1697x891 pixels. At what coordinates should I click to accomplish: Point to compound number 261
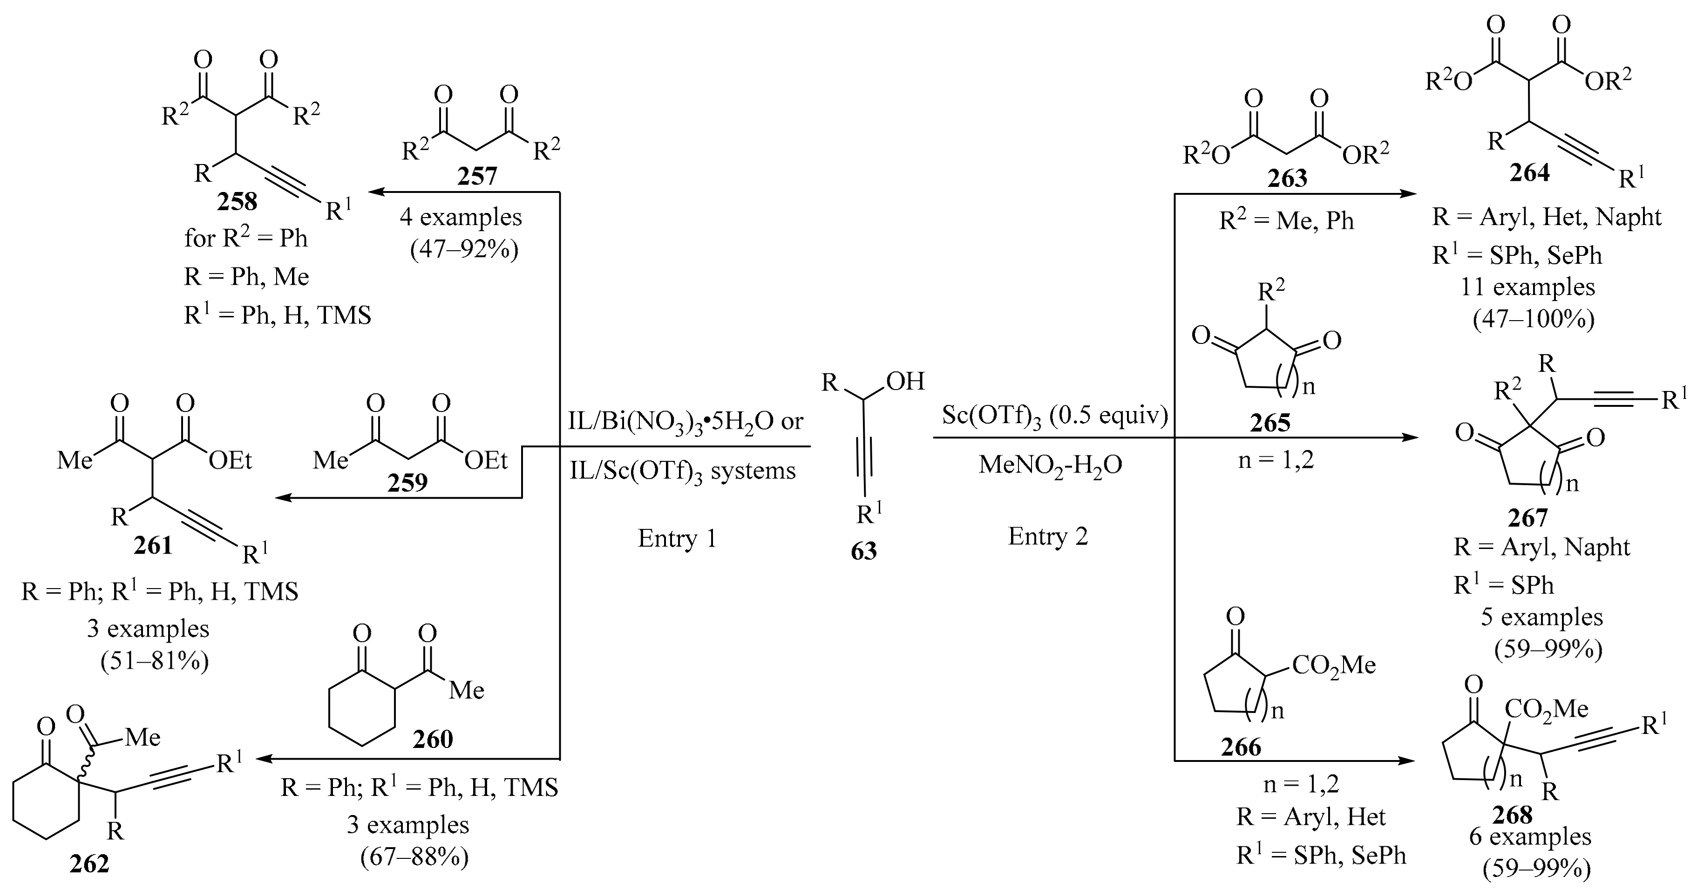pyautogui.click(x=153, y=546)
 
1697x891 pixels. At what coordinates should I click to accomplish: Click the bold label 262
pyautogui.click(x=89, y=864)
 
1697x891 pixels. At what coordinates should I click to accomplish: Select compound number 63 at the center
pyautogui.click(x=864, y=551)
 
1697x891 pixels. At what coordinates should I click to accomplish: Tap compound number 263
pyautogui.click(x=1287, y=178)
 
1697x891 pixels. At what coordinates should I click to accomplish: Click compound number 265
pyautogui.click(x=1269, y=423)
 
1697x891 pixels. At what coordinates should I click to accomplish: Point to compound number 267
pyautogui.click(x=1527, y=518)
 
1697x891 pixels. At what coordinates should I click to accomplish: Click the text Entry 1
pyautogui.click(x=677, y=538)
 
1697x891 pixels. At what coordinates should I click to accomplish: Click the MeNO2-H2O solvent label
pyautogui.click(x=1050, y=465)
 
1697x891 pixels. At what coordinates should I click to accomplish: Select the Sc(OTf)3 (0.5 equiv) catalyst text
pyautogui.click(x=1055, y=416)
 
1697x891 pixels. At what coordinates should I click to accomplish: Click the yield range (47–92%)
pyautogui.click(x=464, y=250)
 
